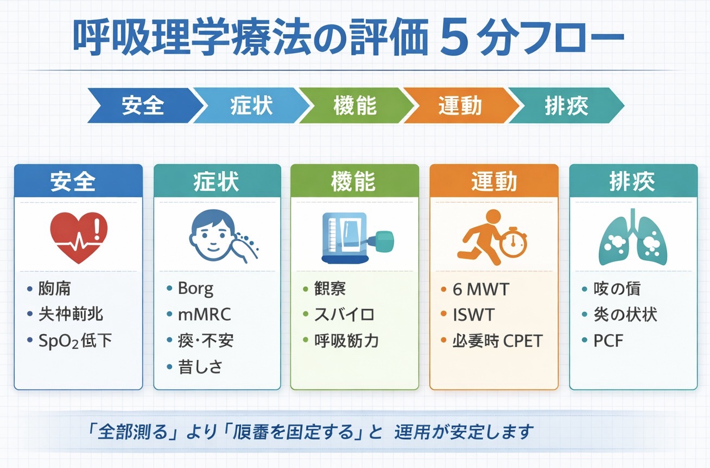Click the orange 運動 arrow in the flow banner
tap(459, 105)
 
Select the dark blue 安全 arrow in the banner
tap(142, 105)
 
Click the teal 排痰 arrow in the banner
tap(566, 105)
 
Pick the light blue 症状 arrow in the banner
tap(250, 105)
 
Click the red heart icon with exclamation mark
tap(79, 238)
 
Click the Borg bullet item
tap(195, 289)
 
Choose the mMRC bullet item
tap(204, 315)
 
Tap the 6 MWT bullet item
tap(481, 289)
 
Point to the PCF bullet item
tap(608, 341)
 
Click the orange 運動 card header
tap(493, 181)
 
